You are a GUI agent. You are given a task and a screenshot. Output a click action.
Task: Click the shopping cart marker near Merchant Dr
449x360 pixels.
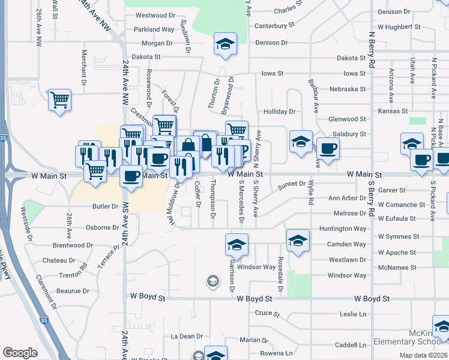60,100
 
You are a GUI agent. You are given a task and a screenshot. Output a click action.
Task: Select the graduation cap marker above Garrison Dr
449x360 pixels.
237,244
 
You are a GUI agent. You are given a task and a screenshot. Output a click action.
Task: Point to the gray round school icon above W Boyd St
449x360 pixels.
212,280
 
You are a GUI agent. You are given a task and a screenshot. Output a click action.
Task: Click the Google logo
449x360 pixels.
20,353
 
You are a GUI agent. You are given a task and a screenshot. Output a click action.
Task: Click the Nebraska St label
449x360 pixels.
348,89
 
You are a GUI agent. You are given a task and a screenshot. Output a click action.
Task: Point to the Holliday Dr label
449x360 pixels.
280,112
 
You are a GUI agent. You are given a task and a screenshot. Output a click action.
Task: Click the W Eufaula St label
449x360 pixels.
397,218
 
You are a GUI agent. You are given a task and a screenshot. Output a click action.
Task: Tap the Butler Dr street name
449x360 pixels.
106,206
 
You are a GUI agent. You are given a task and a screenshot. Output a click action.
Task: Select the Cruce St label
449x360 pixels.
268,313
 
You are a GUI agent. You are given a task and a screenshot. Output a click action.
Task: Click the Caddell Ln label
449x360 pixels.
351,346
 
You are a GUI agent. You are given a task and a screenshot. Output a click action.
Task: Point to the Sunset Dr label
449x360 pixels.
292,187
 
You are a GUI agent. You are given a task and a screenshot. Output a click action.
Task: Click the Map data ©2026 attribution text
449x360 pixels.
423,355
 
